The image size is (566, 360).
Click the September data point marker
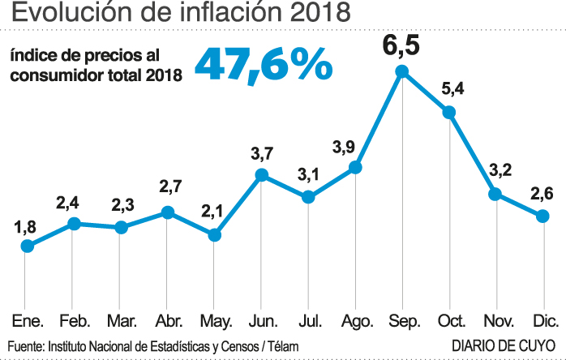coord(401,73)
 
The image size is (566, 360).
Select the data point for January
coord(27,245)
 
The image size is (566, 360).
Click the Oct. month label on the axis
coord(449,320)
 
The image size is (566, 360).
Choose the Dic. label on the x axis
coord(542,320)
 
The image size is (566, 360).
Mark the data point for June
coord(261,175)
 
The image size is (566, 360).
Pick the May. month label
coord(214,320)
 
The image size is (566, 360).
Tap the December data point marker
coord(542,216)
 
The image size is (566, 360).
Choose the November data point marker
coord(495,195)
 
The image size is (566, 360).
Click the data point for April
coord(168,212)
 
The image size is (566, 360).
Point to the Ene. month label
coord(27,320)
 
